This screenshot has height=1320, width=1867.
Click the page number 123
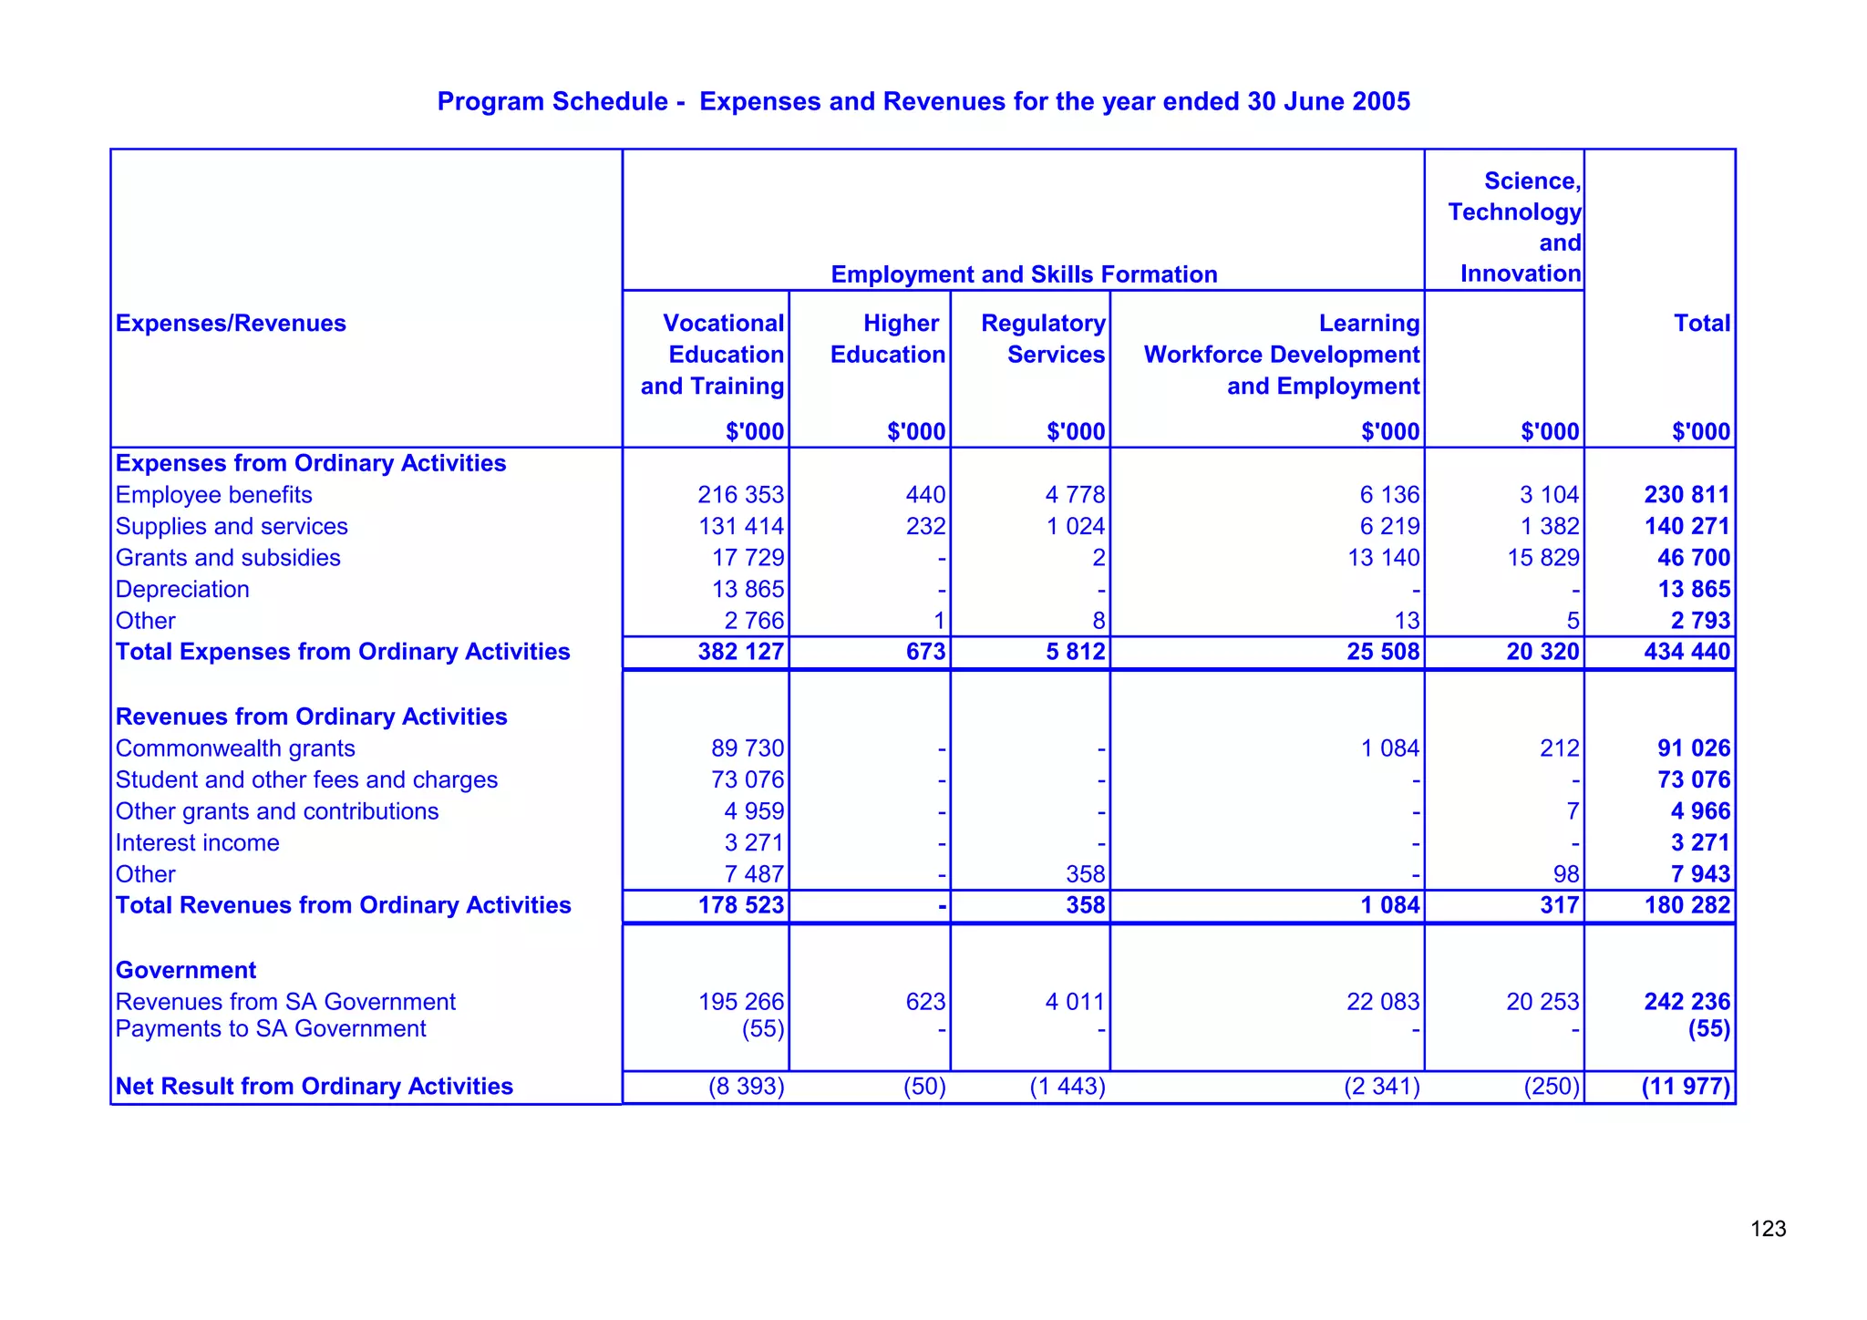1768,1230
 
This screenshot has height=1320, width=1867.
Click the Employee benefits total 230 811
1686,495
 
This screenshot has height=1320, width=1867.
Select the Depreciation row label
182,590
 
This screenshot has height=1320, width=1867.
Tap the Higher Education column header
888,339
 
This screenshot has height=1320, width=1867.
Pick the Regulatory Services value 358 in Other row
1085,874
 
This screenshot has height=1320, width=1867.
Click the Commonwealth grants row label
235,748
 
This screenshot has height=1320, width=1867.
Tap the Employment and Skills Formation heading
1024,274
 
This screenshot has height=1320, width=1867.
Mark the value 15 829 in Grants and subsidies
1543,558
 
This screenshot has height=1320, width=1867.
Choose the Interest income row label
197,843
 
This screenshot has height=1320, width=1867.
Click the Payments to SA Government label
271,1029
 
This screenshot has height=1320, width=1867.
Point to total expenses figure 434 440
1686,652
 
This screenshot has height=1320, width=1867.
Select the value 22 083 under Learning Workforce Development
1383,1002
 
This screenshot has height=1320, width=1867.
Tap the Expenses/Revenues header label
231,324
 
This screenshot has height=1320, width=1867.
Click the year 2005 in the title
1380,101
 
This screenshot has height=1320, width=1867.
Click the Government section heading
186,970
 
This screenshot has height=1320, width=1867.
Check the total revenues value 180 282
1686,905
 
